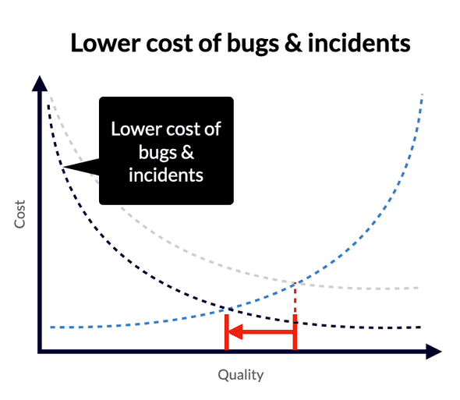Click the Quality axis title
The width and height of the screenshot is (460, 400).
coord(240,375)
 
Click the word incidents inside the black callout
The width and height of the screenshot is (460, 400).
coord(165,175)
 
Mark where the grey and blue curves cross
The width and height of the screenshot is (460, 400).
coord(296,282)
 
